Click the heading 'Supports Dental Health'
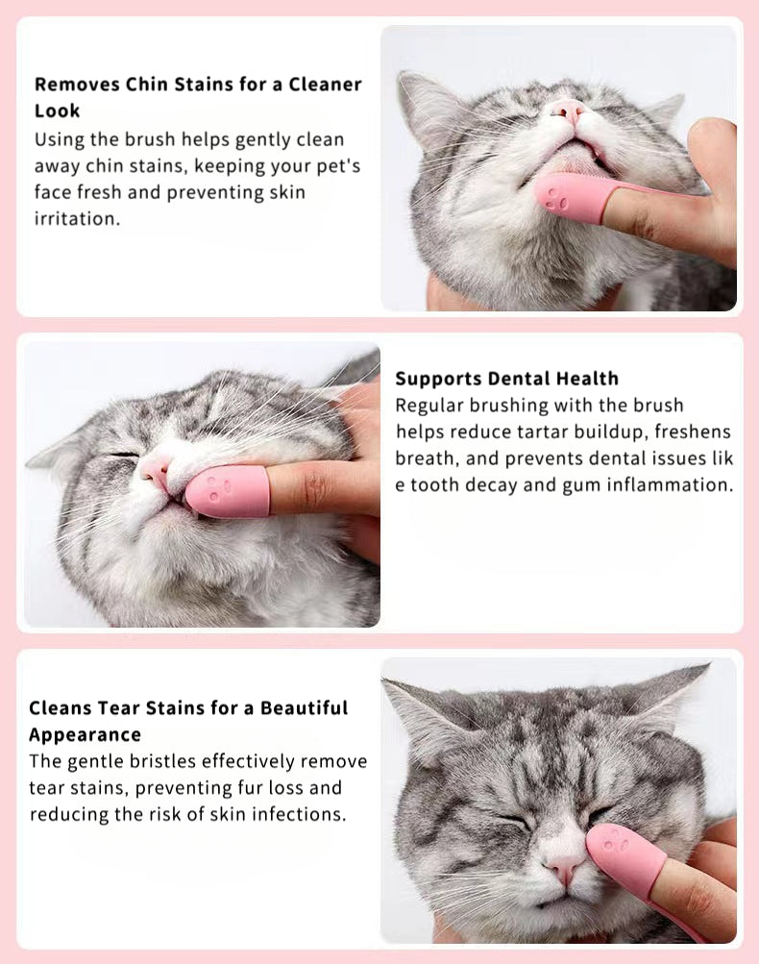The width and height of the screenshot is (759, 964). (x=506, y=379)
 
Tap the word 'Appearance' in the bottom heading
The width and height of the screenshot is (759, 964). (x=85, y=735)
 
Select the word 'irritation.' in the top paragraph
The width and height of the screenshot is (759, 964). (x=76, y=219)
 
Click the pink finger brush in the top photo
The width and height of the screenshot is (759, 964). (x=575, y=197)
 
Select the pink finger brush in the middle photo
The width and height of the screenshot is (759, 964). (x=229, y=490)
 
